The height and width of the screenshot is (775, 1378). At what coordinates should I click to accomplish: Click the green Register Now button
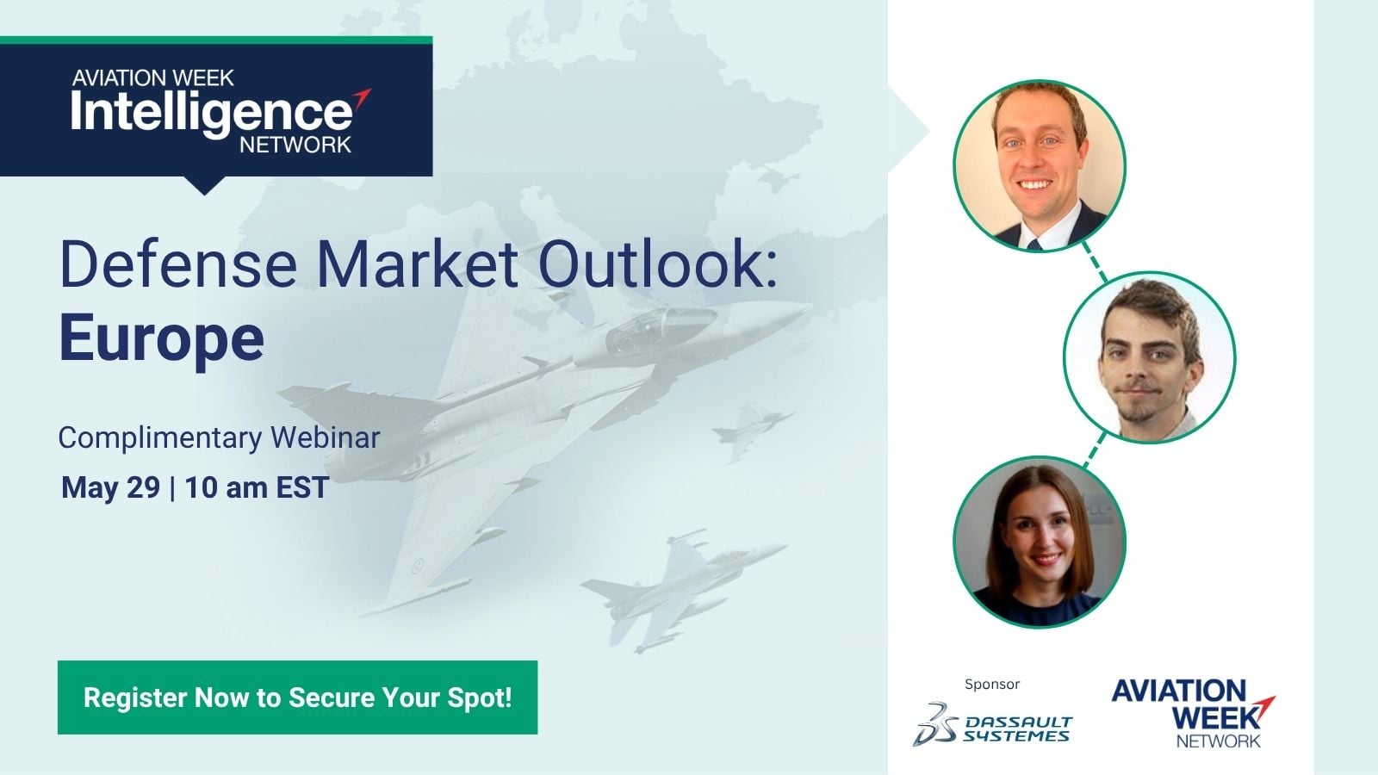pyautogui.click(x=297, y=697)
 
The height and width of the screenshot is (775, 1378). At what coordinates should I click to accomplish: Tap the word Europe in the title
pyautogui.click(x=162, y=339)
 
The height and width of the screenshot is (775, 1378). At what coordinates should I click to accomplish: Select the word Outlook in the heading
pyautogui.click(x=658, y=265)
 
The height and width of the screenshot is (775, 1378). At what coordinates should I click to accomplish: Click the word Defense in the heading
pyautogui.click(x=178, y=265)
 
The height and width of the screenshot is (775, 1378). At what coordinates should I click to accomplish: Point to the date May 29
pyautogui.click(x=111, y=487)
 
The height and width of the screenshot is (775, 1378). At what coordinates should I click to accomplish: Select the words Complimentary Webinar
pyautogui.click(x=219, y=438)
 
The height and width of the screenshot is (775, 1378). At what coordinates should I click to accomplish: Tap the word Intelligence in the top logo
pyautogui.click(x=212, y=113)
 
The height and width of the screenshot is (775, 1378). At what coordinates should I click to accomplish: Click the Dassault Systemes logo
pyautogui.click(x=992, y=724)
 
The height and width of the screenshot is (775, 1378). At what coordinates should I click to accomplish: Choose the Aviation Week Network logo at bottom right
pyautogui.click(x=1193, y=713)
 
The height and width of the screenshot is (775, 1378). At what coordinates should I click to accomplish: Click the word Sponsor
pyautogui.click(x=992, y=684)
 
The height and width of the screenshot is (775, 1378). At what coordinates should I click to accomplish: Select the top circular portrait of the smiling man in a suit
pyautogui.click(x=1039, y=166)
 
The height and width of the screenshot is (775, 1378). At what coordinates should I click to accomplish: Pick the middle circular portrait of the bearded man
pyautogui.click(x=1149, y=357)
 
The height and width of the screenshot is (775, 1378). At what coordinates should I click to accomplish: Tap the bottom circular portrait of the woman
pyautogui.click(x=1039, y=542)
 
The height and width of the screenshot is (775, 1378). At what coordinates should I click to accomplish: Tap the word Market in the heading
pyautogui.click(x=417, y=265)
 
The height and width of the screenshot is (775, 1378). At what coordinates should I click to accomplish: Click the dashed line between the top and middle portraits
pyautogui.click(x=1095, y=262)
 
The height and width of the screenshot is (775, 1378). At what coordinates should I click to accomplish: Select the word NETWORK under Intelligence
pyautogui.click(x=295, y=145)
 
